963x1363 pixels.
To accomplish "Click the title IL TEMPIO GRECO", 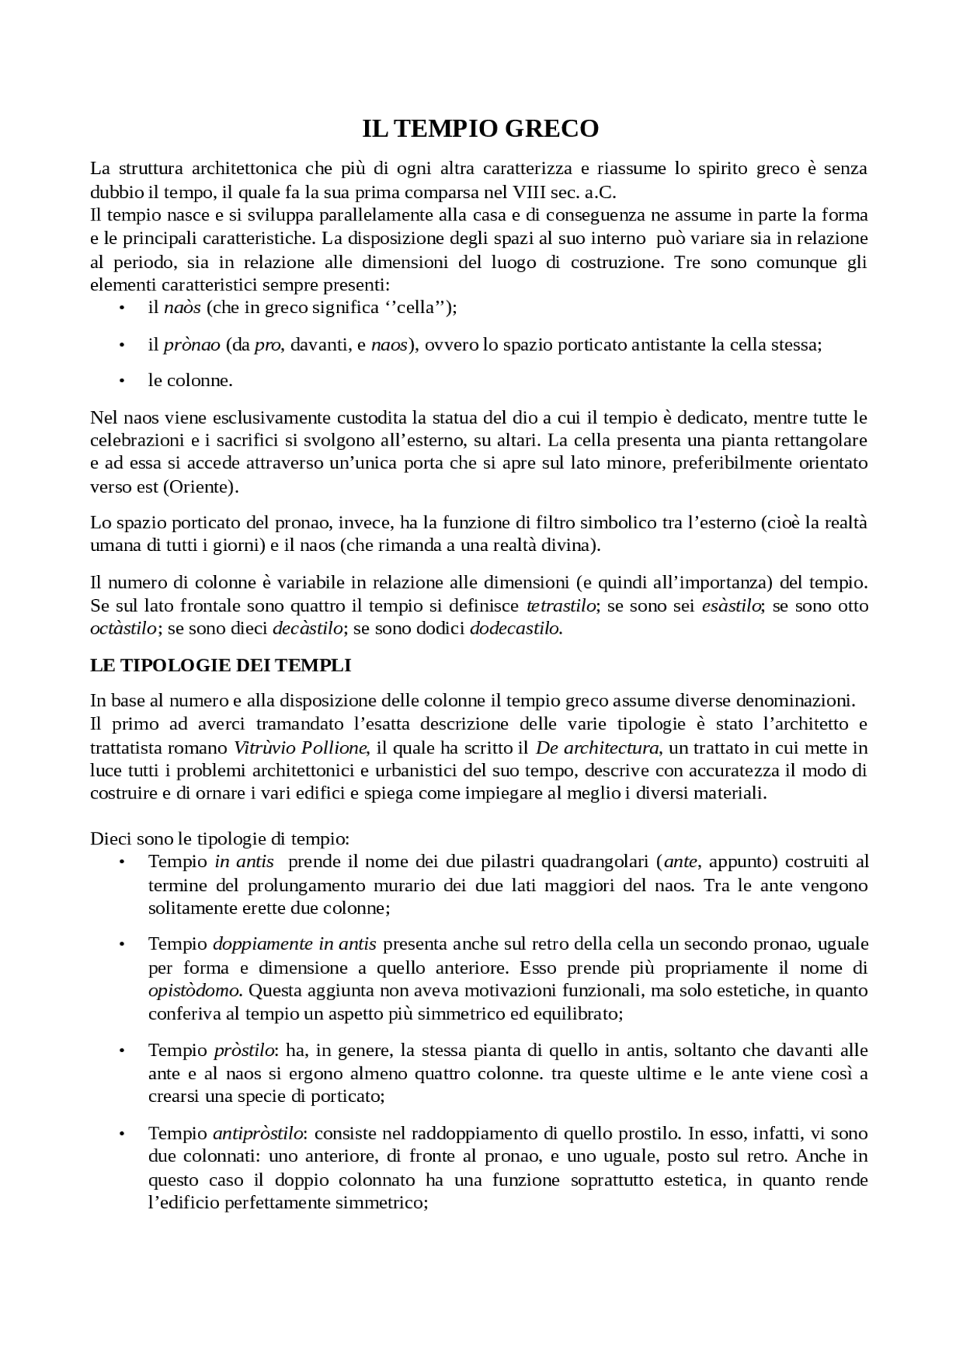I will point(481,129).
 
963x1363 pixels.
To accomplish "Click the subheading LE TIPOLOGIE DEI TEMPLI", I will point(220,665).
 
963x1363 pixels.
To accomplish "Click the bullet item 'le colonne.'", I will point(190,380).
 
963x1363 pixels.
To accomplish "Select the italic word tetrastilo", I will point(560,605).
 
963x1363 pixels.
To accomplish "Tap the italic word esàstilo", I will point(731,605).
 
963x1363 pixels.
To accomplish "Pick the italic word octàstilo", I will point(123,628).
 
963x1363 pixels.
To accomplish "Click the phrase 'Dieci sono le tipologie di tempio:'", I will point(220,838).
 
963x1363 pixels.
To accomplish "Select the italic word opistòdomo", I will point(193,990).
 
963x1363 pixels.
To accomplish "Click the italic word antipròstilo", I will point(258,1133).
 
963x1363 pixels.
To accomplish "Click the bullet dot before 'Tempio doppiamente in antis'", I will point(121,944).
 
